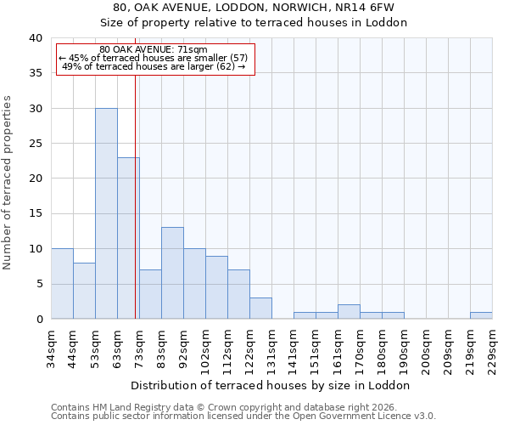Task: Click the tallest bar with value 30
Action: pyautogui.click(x=106, y=213)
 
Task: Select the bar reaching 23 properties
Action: pyautogui.click(x=128, y=238)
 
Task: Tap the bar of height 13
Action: pyautogui.click(x=172, y=273)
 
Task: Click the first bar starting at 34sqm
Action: pyautogui.click(x=62, y=283)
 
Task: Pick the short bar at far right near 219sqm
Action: pyautogui.click(x=481, y=315)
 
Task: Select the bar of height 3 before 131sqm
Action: pyautogui.click(x=260, y=308)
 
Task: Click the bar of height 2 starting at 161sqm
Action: pyautogui.click(x=349, y=311)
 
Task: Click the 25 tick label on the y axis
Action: pyautogui.click(x=35, y=144)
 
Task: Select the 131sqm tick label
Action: pyautogui.click(x=271, y=347)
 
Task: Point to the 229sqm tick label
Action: pyautogui.click(x=492, y=347)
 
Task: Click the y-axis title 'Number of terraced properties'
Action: pyautogui.click(x=8, y=182)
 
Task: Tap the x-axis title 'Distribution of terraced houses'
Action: pyautogui.click(x=271, y=385)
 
